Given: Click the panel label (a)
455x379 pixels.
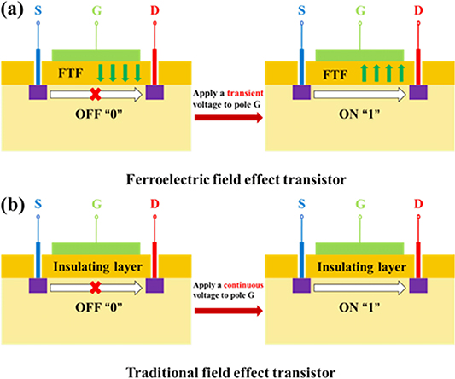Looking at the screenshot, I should pos(15,13).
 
